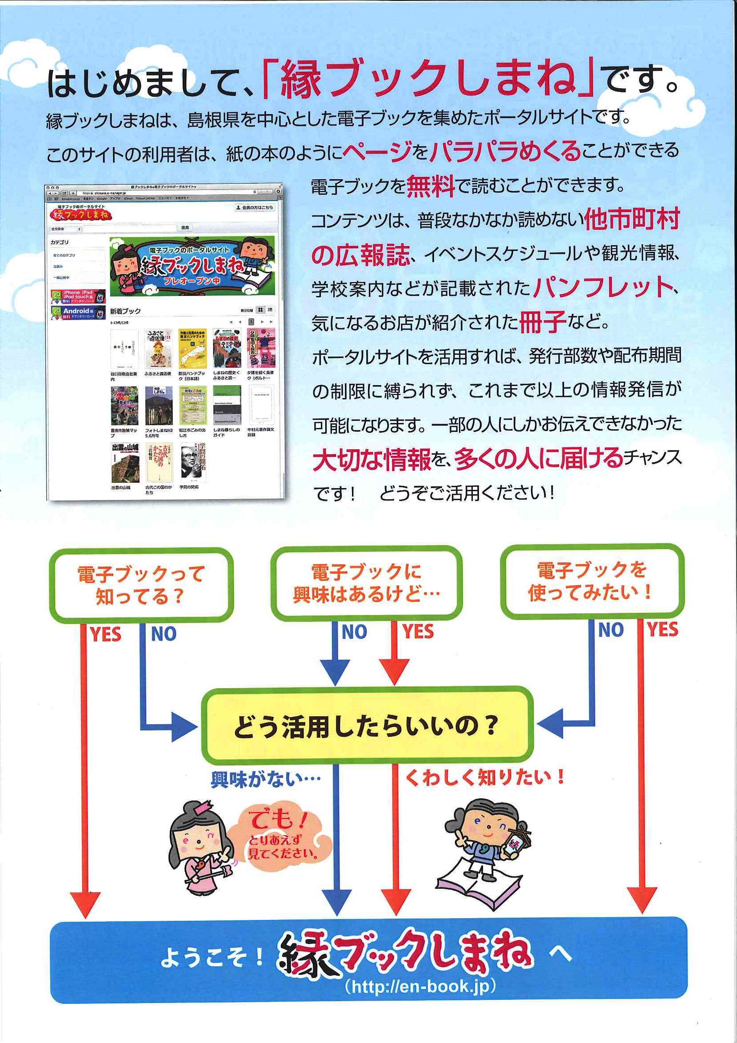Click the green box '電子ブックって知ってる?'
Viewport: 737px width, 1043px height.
click(x=141, y=585)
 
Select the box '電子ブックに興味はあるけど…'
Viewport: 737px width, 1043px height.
click(x=366, y=583)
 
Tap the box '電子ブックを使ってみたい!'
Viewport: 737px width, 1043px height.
click(x=591, y=581)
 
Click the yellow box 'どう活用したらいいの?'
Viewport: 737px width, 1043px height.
click(x=367, y=727)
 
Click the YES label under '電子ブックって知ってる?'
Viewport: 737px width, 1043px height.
click(x=105, y=634)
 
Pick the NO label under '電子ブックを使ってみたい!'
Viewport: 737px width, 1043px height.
click(x=610, y=630)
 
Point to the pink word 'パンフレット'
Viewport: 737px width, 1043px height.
click(x=602, y=287)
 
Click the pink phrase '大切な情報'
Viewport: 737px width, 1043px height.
click(x=372, y=460)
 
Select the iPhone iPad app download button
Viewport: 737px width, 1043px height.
click(x=78, y=296)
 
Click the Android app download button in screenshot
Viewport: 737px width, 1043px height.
click(x=78, y=312)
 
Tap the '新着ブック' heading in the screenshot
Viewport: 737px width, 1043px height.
click(x=125, y=311)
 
